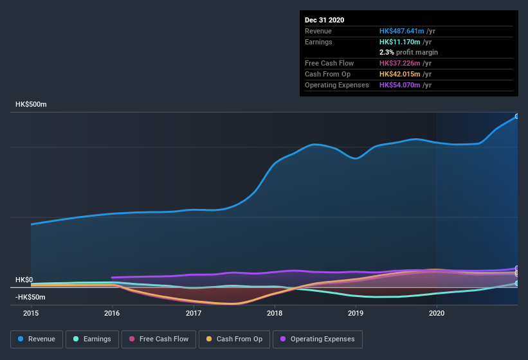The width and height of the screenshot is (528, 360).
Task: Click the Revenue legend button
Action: (37, 339)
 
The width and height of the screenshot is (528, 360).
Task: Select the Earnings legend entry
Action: (91, 339)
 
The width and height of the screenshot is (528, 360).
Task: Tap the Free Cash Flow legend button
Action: (159, 339)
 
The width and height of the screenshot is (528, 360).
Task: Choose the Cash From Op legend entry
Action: (233, 339)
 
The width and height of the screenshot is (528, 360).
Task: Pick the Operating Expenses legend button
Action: (318, 339)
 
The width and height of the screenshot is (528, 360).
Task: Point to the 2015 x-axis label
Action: (31, 313)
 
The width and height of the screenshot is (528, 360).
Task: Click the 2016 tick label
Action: (112, 313)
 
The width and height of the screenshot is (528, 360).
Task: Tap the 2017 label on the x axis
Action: (193, 313)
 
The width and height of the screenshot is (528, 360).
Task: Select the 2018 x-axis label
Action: (275, 313)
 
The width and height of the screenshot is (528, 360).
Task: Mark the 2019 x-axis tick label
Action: (356, 313)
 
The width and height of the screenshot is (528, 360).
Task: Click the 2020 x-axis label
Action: (437, 313)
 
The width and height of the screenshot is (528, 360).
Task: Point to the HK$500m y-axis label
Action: (31, 104)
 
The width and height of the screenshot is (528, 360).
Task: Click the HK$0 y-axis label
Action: (24, 280)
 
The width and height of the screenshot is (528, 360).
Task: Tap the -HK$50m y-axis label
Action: (30, 297)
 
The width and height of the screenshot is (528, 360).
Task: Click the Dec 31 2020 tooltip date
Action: (324, 20)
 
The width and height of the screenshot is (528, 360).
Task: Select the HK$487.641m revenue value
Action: (402, 31)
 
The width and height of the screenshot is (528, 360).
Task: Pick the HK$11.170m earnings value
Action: (400, 42)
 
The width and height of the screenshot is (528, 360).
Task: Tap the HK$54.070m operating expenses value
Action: (400, 85)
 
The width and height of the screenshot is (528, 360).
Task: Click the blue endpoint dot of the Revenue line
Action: (516, 116)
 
